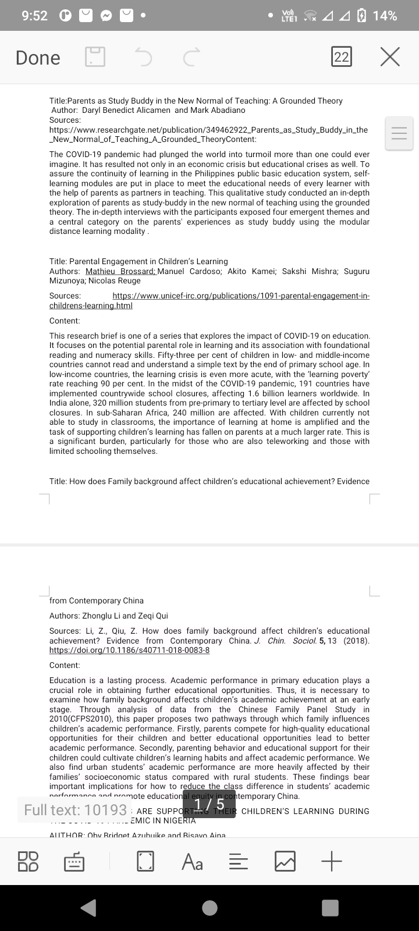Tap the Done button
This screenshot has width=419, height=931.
point(38,58)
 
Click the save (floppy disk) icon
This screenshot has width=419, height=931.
point(95,57)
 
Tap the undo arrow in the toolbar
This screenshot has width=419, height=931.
point(143,57)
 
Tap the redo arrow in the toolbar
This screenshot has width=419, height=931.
point(191,57)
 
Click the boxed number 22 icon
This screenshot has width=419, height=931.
point(342,57)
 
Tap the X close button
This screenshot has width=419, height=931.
point(390,57)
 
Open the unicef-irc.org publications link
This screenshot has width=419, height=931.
point(240,296)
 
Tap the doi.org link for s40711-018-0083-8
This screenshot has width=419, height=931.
point(129,650)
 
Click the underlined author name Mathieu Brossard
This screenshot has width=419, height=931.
point(120,272)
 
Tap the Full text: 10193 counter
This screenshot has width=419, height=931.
point(76,809)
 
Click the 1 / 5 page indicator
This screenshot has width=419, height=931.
point(209,805)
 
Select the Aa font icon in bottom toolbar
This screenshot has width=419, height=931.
point(192,861)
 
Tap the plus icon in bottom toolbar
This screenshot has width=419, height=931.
point(332,861)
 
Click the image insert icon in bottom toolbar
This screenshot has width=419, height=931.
point(285,861)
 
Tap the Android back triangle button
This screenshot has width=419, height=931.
point(88,908)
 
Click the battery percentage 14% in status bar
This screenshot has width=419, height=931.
point(385,16)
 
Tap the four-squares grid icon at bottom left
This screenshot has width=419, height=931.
point(29,861)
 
